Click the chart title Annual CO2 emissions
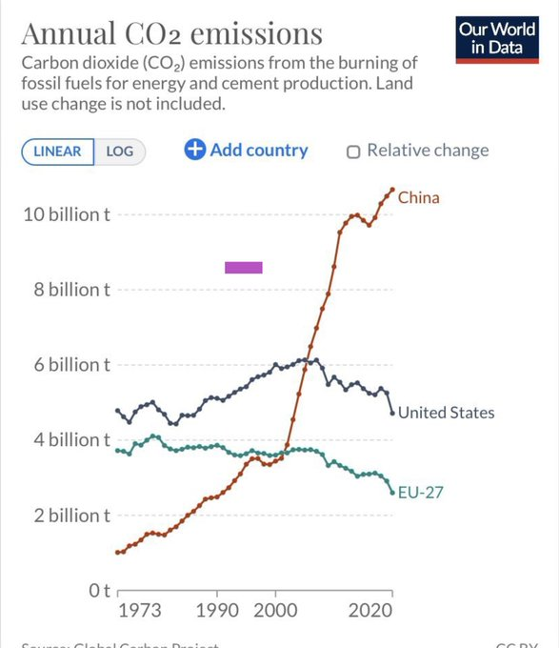pyautogui.click(x=171, y=34)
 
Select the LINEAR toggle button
pyautogui.click(x=58, y=152)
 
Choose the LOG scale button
pyautogui.click(x=119, y=152)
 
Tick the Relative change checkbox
pyautogui.click(x=353, y=151)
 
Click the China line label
pyautogui.click(x=418, y=197)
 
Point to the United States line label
pyautogui.click(x=446, y=413)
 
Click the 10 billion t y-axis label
pyautogui.click(x=66, y=215)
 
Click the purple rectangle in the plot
pyautogui.click(x=243, y=267)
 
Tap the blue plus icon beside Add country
pyautogui.click(x=194, y=150)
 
